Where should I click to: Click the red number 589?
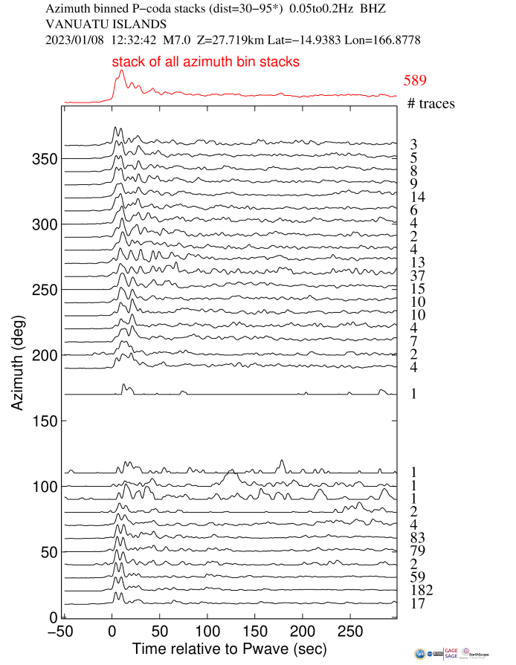[x=415, y=81]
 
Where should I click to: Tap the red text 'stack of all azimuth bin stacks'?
[x=206, y=62]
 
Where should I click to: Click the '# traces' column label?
[x=430, y=104]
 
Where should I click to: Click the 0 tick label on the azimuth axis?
[x=54, y=617]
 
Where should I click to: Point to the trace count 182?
[x=419, y=591]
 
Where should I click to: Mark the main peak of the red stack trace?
[x=121, y=71]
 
